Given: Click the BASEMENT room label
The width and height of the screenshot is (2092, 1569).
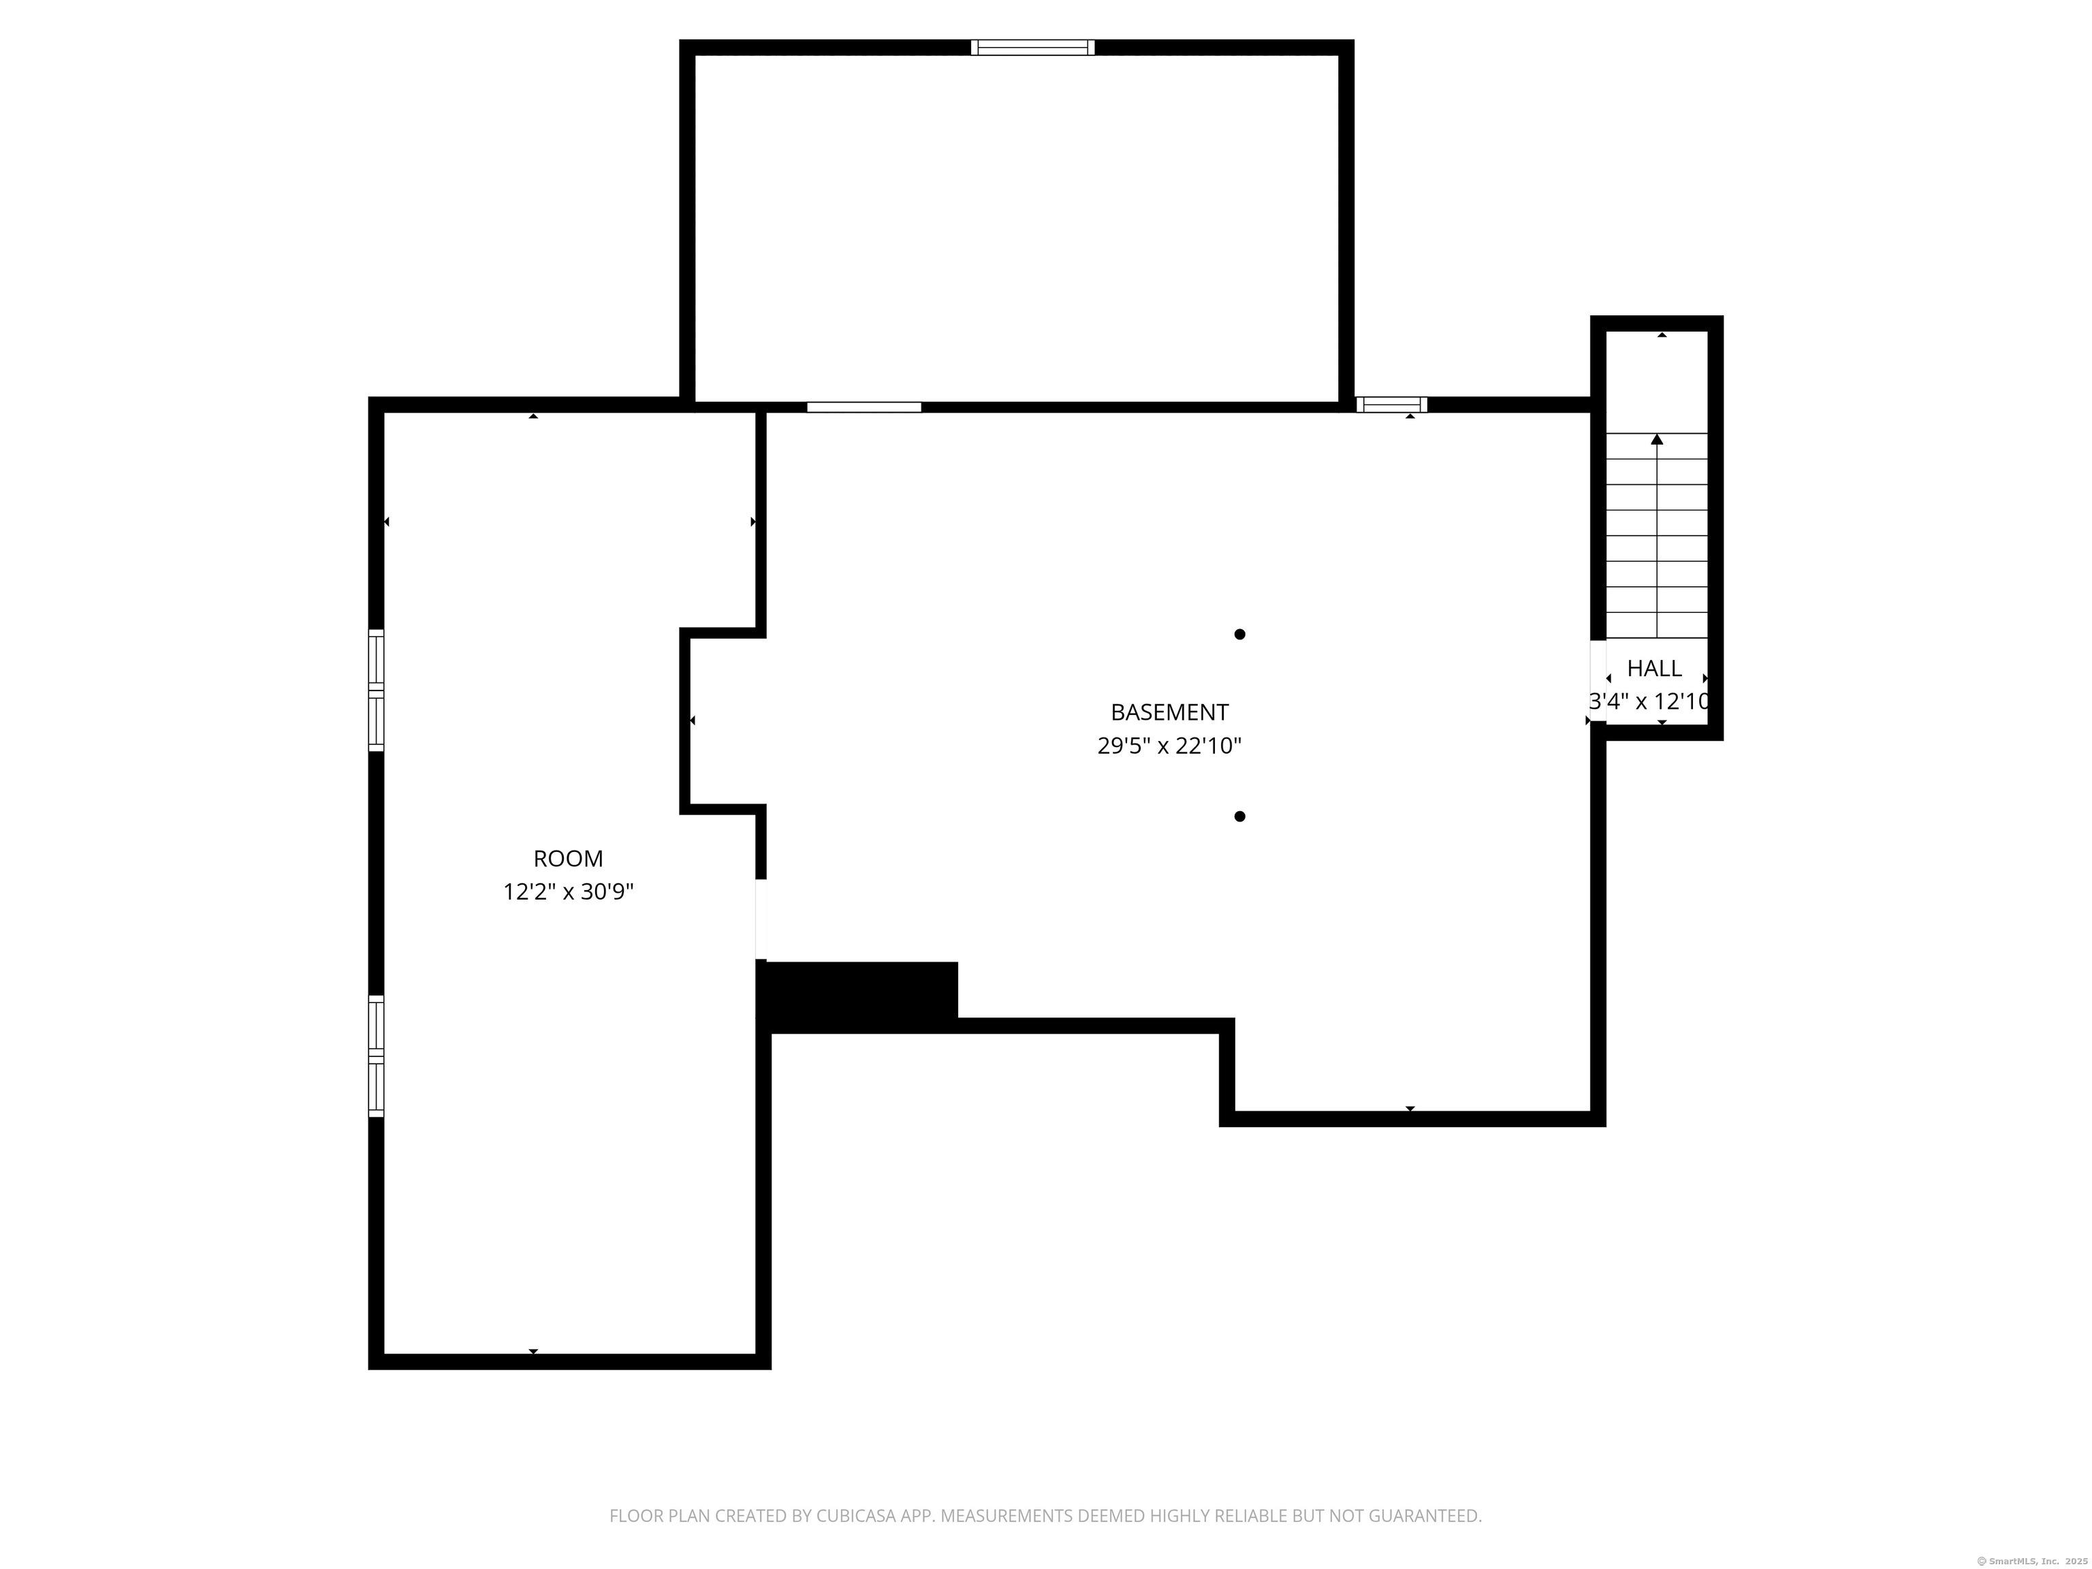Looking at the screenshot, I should (1169, 712).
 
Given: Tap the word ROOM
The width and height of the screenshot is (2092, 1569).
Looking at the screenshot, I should (567, 859).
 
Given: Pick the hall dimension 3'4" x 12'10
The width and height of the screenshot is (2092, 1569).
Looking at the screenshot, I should (1649, 701).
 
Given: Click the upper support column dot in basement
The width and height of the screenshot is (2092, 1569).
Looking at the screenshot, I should (1239, 635).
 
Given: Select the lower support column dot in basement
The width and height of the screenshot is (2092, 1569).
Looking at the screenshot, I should (1239, 817).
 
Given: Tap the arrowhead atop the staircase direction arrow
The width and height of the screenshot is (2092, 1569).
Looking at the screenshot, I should (1657, 439).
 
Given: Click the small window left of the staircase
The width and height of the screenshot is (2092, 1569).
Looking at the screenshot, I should (1391, 405).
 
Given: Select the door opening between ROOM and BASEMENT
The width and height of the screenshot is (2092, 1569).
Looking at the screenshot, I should (761, 919).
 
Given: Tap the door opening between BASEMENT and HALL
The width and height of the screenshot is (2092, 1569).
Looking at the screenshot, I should (1598, 681).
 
